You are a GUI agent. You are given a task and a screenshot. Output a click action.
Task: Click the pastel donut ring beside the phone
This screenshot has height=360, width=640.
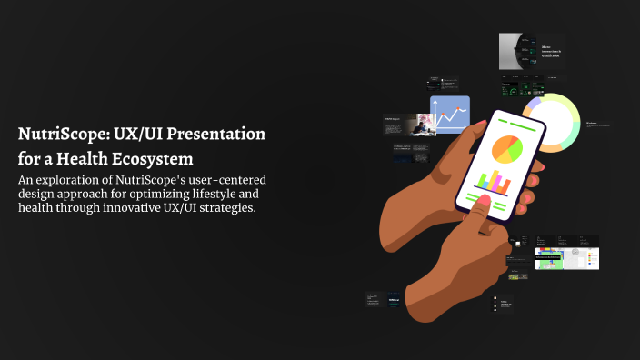[x=555, y=119]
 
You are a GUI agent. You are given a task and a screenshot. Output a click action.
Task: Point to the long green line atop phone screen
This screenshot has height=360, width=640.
[x=512, y=121]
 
